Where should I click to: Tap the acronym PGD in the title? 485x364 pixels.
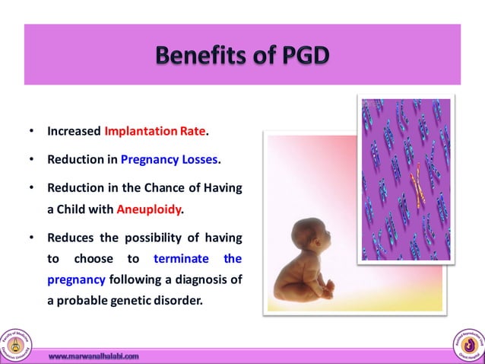[300, 56]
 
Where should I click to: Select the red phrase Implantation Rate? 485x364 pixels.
[154, 131]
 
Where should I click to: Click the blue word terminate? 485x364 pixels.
[179, 259]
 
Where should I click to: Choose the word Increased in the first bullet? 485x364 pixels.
[74, 131]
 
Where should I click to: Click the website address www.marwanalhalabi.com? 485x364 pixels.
[94, 356]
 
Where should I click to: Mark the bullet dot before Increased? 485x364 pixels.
[31, 131]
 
